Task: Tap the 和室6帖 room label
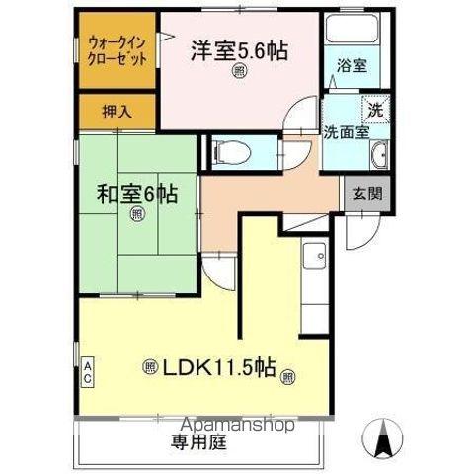(x=137, y=195)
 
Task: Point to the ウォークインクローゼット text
(x=118, y=49)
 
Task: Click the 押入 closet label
(x=117, y=112)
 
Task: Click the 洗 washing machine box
(x=375, y=107)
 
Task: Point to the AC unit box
(x=87, y=372)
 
